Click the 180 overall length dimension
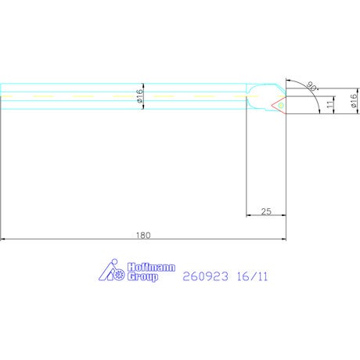[143, 236]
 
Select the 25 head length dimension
[266, 211]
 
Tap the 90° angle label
[311, 86]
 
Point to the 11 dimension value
[330, 103]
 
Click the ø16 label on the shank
[140, 95]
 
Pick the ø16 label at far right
[354, 101]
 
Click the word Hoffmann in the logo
[151, 268]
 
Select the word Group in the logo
[142, 277]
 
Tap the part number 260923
[205, 276]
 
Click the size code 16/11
[252, 276]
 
